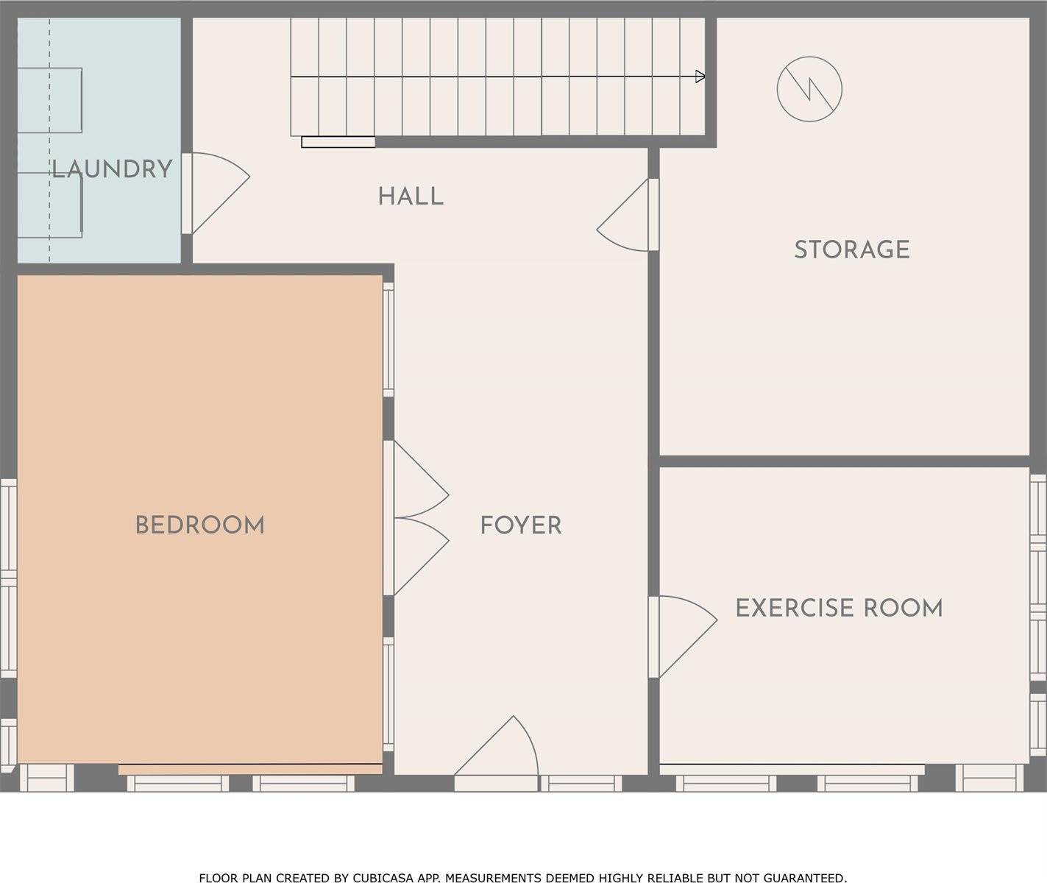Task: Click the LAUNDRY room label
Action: coord(112,169)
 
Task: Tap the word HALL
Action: coord(411,196)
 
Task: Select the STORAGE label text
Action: coord(852,249)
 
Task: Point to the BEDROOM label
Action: coord(199,525)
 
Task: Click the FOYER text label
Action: coord(521,525)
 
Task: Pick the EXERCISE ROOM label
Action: coord(839,608)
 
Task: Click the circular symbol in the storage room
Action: coord(809,89)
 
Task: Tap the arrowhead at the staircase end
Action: coord(700,77)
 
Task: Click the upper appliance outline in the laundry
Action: coord(49,100)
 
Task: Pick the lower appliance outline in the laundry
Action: coord(49,205)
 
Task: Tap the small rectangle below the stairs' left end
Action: coord(338,143)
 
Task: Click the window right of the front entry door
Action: coord(581,783)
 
